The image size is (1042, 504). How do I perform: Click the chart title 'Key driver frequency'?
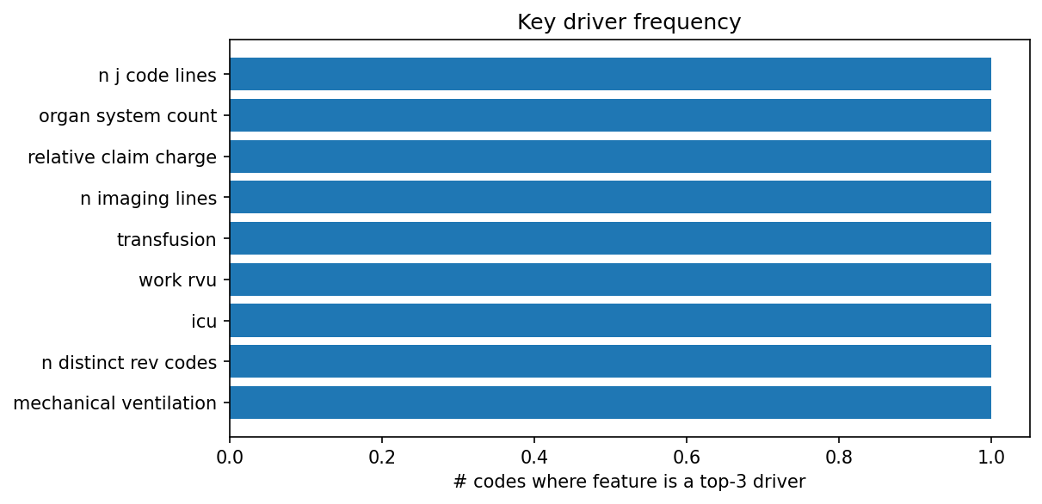click(629, 22)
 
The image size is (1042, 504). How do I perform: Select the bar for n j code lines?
click(610, 74)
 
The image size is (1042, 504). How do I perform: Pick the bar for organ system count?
click(610, 115)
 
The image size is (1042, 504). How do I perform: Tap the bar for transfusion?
click(610, 238)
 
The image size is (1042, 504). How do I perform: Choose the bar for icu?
click(610, 320)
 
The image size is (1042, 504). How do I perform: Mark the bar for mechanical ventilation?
click(610, 403)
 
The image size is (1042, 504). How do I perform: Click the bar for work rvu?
click(610, 280)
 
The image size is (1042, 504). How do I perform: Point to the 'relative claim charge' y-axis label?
click(122, 157)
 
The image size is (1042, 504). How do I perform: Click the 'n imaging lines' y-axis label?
click(148, 199)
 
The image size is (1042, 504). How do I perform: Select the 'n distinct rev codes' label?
click(129, 363)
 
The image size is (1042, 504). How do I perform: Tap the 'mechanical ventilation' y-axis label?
click(115, 403)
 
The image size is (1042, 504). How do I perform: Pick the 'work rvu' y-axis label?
click(177, 280)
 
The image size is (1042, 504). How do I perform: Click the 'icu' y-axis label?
click(204, 322)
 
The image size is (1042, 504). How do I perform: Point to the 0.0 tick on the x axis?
click(230, 456)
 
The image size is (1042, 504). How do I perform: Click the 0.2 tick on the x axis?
click(382, 456)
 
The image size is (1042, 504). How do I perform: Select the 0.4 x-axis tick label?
click(534, 456)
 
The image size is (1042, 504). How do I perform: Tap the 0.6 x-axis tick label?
click(687, 456)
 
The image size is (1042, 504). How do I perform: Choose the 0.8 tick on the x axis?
click(839, 456)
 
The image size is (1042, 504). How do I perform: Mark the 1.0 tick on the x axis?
click(991, 456)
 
